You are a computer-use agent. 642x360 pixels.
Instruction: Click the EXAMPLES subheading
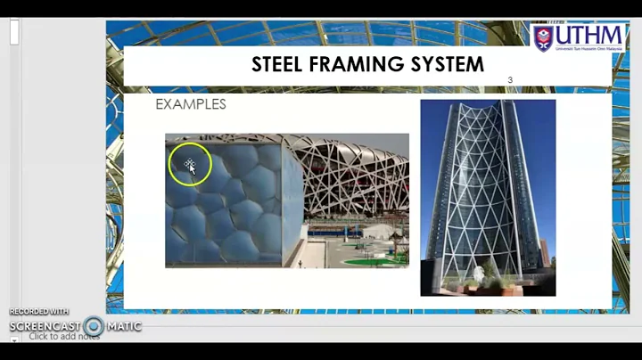point(190,104)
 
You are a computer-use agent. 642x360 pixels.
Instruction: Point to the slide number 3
point(510,80)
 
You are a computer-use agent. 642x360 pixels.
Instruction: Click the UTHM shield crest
point(543,38)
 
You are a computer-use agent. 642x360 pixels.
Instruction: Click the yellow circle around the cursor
point(190,165)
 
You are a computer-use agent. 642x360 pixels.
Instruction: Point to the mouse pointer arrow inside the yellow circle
point(191,167)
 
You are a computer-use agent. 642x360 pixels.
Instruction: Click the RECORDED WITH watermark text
point(39,312)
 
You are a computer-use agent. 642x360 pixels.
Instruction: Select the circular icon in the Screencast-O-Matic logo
point(94,326)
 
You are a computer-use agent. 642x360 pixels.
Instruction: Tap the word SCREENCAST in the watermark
point(45,326)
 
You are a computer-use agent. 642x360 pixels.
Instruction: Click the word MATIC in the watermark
point(124,326)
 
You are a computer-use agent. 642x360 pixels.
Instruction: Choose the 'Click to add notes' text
point(63,337)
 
